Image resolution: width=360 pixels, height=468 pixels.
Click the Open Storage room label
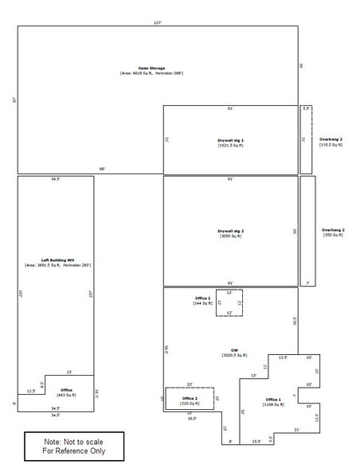(x=151, y=68)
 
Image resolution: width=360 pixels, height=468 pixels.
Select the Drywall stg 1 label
(x=231, y=139)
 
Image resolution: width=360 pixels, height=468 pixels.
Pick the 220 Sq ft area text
(x=190, y=404)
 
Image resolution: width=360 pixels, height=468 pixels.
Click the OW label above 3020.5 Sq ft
(x=235, y=349)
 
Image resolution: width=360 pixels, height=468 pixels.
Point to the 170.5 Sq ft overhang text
(x=331, y=145)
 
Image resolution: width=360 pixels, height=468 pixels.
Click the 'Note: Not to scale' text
(x=73, y=440)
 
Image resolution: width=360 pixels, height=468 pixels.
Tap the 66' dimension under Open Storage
(x=102, y=170)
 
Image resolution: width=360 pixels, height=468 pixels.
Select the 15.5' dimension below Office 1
(x=255, y=442)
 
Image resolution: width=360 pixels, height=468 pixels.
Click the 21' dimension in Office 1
(x=296, y=430)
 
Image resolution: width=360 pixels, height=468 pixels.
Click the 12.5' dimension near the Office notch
(x=30, y=391)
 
